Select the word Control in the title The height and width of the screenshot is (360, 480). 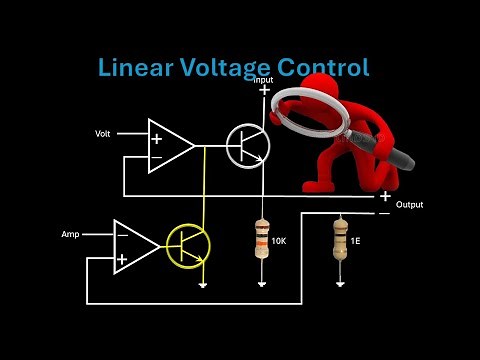(321, 68)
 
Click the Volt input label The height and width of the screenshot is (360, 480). (103, 133)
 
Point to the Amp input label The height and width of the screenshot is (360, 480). (70, 234)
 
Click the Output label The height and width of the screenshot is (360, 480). (409, 205)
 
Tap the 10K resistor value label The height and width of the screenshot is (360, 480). (279, 242)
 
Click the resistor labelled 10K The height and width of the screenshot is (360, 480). (262, 240)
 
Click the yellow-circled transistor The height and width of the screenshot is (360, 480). (187, 246)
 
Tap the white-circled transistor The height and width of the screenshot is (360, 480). (247, 146)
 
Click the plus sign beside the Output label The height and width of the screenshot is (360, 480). (385, 196)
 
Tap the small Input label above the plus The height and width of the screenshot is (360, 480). (263, 80)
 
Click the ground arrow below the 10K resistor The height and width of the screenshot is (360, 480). (262, 284)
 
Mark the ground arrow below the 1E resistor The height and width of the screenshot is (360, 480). (340, 284)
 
